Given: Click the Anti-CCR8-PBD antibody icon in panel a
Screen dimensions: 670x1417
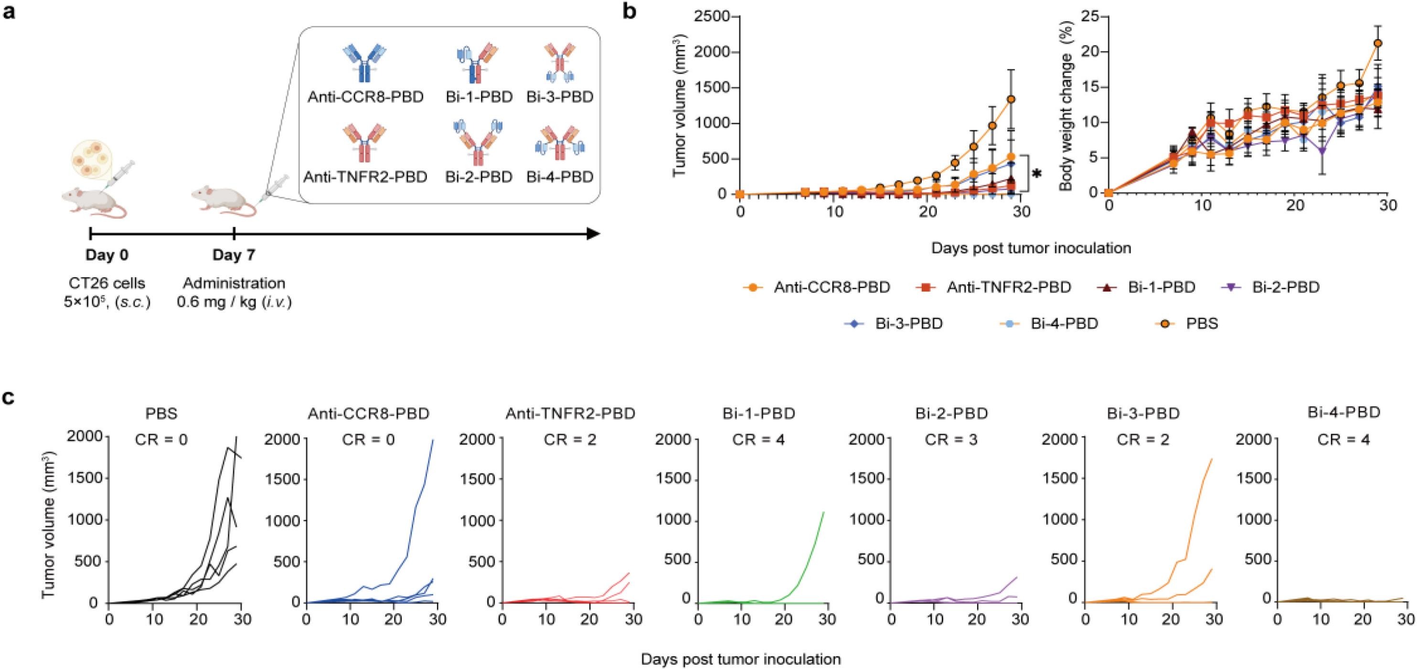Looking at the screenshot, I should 365,63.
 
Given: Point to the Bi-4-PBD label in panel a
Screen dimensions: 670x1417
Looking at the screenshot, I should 559,177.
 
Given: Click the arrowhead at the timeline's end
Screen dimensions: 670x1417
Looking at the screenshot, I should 593,234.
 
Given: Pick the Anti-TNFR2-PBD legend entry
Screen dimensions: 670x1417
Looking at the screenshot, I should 996,287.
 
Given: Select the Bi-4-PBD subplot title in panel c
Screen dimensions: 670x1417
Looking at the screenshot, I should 1343,412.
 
